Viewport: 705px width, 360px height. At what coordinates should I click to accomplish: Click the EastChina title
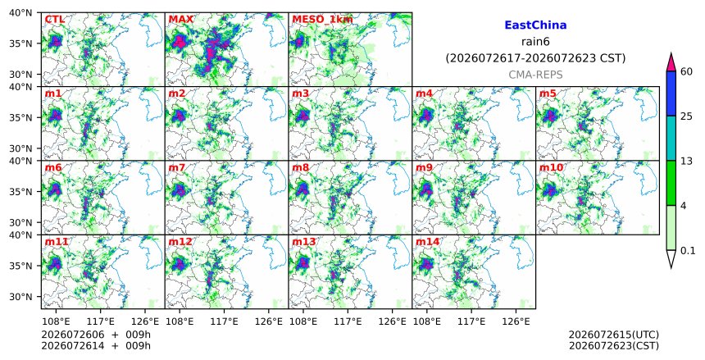click(x=535, y=25)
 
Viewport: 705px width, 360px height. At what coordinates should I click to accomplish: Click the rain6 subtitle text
click(x=535, y=41)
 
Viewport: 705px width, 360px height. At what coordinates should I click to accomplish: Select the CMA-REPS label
click(x=535, y=75)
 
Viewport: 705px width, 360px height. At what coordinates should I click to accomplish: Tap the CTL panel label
click(x=54, y=20)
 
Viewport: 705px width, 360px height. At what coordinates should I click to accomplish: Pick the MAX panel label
click(x=180, y=20)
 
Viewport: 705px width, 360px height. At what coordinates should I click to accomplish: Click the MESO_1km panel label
click(x=322, y=20)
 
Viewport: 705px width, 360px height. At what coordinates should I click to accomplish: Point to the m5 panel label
click(x=547, y=93)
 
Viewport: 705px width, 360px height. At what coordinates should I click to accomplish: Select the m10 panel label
click(x=551, y=168)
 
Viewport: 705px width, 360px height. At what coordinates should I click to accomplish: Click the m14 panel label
click(x=427, y=242)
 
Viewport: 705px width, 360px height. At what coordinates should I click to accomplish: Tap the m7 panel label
click(x=177, y=168)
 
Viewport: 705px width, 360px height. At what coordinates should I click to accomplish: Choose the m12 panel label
click(x=180, y=242)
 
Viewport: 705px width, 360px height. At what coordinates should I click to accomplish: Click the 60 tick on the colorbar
click(x=687, y=71)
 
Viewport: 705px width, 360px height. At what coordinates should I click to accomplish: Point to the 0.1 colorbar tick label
click(x=688, y=251)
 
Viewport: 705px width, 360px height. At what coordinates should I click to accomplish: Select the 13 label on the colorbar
click(x=687, y=161)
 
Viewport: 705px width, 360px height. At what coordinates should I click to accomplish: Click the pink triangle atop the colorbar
click(x=671, y=62)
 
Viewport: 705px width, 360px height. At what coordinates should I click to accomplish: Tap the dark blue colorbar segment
click(x=671, y=93)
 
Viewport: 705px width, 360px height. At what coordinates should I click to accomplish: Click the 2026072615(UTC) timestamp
click(x=614, y=335)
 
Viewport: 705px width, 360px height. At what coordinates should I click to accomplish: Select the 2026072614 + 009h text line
click(x=96, y=345)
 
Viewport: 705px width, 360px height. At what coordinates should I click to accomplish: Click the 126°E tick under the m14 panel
click(x=516, y=321)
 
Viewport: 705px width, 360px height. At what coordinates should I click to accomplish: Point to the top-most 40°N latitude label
click(x=20, y=12)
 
